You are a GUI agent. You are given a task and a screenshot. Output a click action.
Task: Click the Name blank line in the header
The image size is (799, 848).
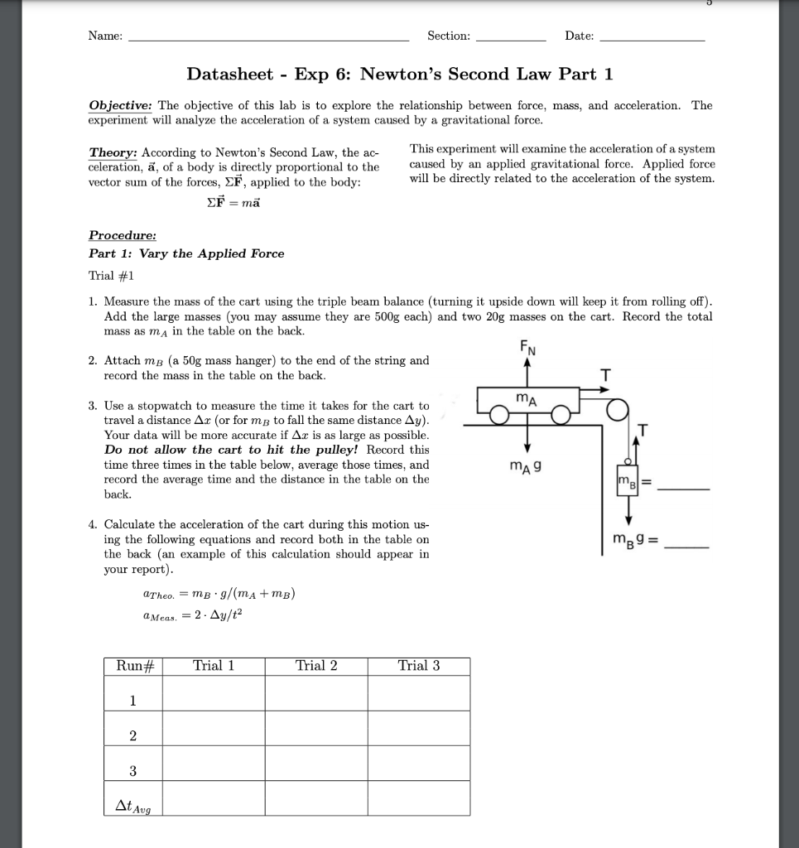pyautogui.click(x=269, y=39)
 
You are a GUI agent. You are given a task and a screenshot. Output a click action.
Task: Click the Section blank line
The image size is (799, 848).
pyautogui.click(x=511, y=39)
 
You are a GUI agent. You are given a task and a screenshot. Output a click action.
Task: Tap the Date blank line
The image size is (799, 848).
pyautogui.click(x=651, y=39)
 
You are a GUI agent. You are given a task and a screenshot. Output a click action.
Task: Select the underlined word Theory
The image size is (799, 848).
pyautogui.click(x=114, y=153)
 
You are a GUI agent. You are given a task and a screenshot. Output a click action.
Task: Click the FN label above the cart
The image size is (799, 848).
pyautogui.click(x=527, y=349)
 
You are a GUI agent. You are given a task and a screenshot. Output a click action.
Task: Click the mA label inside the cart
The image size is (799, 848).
pyautogui.click(x=526, y=399)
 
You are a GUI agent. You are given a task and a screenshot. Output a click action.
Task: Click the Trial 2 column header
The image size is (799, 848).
pyautogui.click(x=316, y=666)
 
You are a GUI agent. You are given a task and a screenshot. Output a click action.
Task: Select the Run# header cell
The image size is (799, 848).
pyautogui.click(x=132, y=666)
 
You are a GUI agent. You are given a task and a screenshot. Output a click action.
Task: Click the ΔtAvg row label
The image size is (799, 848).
pyautogui.click(x=132, y=803)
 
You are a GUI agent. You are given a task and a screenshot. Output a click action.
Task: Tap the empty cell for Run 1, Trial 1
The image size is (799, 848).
pyautogui.click(x=214, y=701)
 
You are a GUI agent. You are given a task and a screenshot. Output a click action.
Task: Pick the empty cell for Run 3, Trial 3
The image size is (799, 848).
pyautogui.click(x=419, y=771)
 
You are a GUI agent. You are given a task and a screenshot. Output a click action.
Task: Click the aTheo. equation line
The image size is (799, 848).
pyautogui.click(x=219, y=594)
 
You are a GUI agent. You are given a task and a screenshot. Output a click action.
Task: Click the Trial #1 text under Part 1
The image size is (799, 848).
pyautogui.click(x=111, y=275)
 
